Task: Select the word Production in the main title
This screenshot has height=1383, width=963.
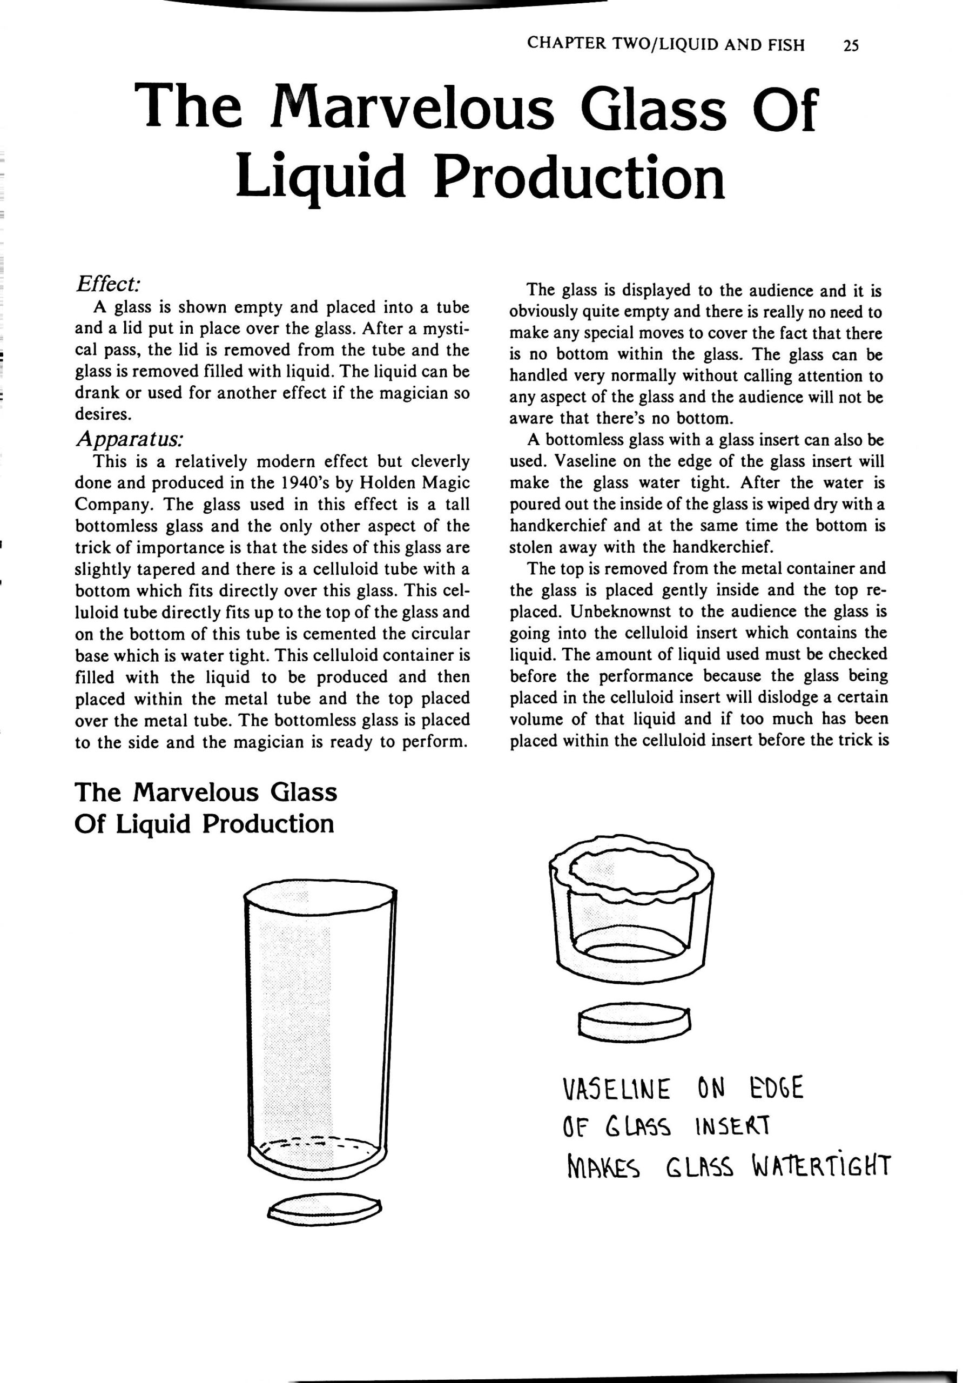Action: (580, 178)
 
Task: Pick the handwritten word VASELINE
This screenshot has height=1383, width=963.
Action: (615, 1089)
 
